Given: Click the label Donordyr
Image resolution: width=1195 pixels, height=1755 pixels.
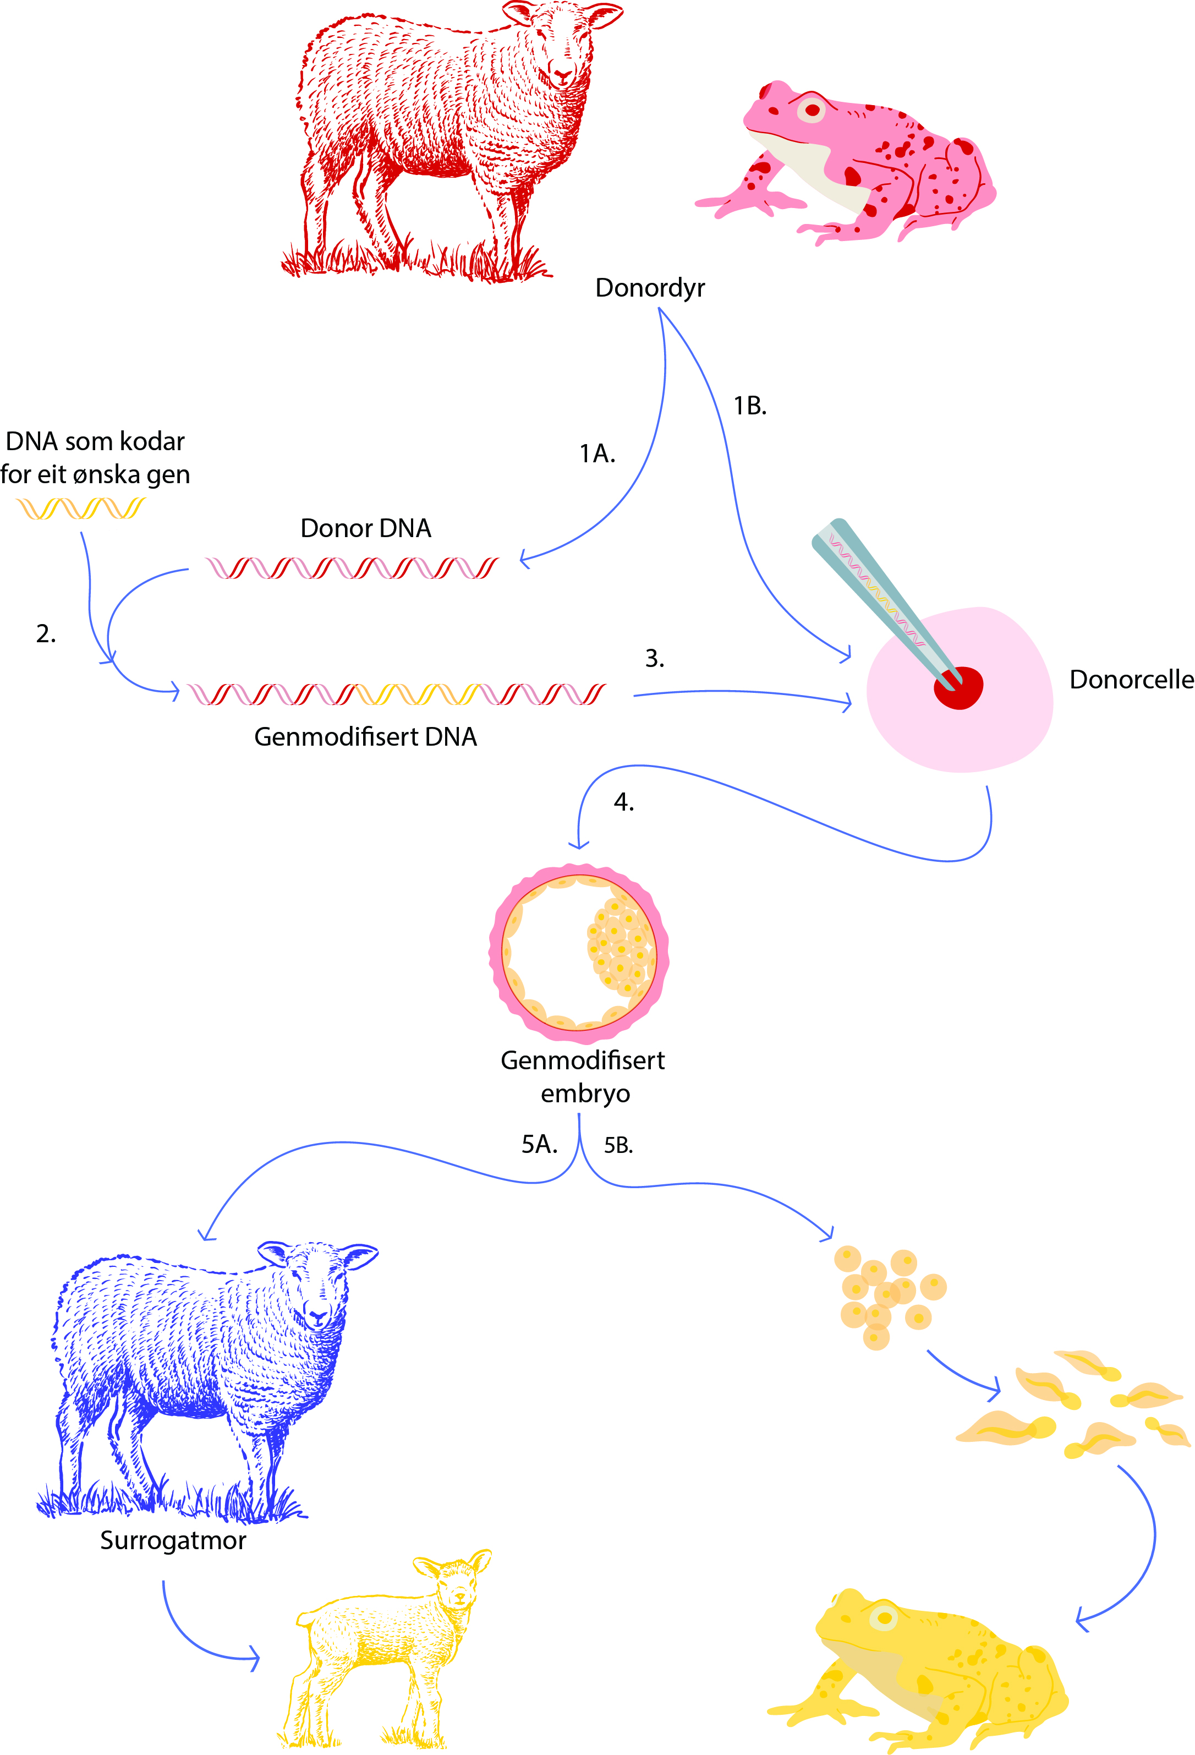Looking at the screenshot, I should pos(649,288).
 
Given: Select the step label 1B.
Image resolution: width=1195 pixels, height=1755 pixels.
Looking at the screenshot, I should pos(749,406).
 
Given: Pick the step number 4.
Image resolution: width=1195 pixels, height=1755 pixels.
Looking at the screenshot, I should pos(623,801).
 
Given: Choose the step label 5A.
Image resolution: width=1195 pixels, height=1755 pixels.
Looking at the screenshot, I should pos(539,1144).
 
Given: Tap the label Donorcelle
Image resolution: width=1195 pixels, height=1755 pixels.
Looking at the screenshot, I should pos(1131,680).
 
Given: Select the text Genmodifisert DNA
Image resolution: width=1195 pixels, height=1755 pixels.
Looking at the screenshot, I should pos(365,736).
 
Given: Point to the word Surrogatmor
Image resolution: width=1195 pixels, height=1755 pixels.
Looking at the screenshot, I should pos(173,1540).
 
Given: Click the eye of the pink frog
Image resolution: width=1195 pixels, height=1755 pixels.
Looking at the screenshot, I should pos(812,110).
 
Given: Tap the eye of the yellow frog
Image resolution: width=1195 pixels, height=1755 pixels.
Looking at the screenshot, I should pos(883,1617).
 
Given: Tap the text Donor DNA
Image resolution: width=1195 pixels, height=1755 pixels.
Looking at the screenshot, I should pos(365,528).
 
